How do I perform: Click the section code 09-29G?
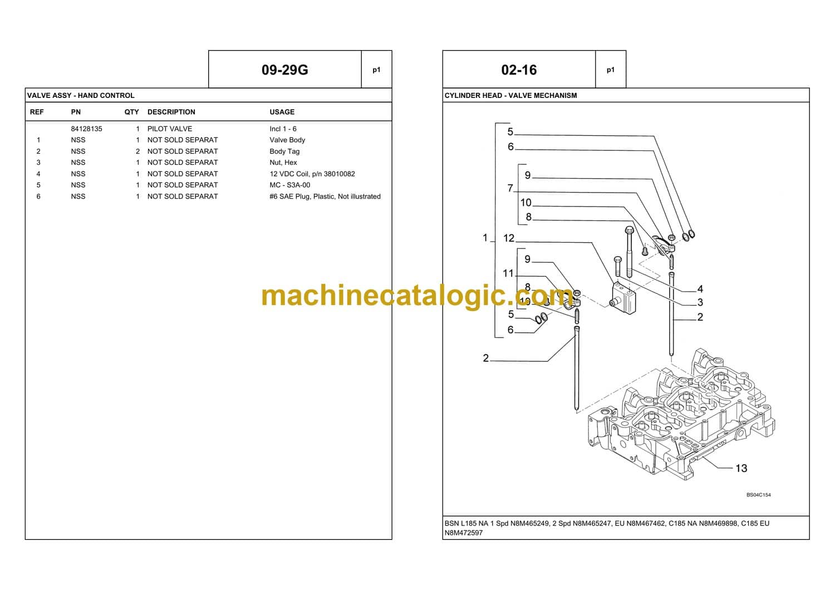click(x=284, y=70)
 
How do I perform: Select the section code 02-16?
click(x=519, y=70)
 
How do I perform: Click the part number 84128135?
click(x=86, y=129)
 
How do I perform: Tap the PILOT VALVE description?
click(x=169, y=129)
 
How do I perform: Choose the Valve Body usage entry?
click(x=287, y=140)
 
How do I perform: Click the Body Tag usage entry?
click(x=284, y=151)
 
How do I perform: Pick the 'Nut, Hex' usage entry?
click(x=283, y=163)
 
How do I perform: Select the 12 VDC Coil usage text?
click(x=312, y=174)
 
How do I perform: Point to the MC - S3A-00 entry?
click(x=289, y=185)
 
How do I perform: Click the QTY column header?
click(x=131, y=112)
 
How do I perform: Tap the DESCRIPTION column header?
click(x=171, y=112)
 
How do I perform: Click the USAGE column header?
click(x=282, y=112)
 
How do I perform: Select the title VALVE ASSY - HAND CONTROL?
click(x=81, y=95)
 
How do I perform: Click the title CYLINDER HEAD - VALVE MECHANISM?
click(x=510, y=95)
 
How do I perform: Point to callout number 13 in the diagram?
click(x=741, y=468)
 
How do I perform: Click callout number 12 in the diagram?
click(x=509, y=238)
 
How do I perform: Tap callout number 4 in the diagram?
click(x=700, y=289)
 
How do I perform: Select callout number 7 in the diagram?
click(x=510, y=188)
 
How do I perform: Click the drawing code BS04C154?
click(x=758, y=495)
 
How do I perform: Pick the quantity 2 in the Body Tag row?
click(x=137, y=151)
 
